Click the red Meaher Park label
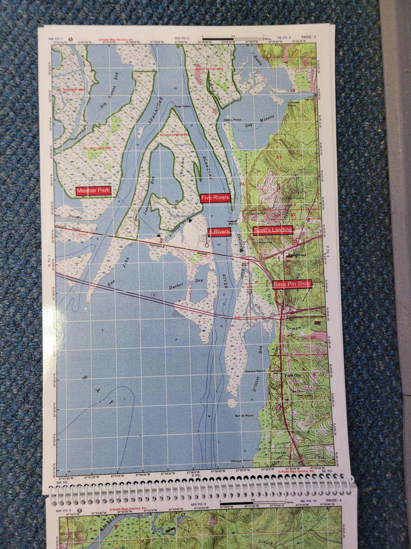93,191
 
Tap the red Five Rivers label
215,197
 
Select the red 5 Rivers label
220,232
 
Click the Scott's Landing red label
273,230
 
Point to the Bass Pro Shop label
292,284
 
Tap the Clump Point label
255,371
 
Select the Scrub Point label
244,416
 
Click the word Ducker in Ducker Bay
176,286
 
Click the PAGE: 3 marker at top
308,37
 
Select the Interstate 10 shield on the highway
153,295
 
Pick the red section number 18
293,91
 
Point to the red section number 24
242,185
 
